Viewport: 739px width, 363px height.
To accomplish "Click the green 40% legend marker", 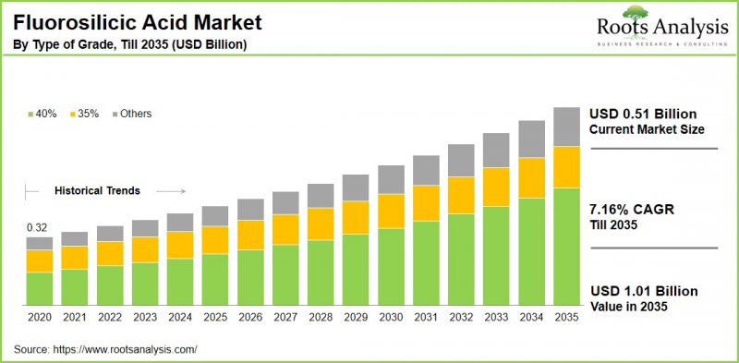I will pos(30,115).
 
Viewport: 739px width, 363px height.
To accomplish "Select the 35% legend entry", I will pos(84,114).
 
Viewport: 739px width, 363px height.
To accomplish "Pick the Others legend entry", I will pos(131,114).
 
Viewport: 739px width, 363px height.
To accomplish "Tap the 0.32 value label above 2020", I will pos(38,227).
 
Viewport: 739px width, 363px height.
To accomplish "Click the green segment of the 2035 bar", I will pos(566,247).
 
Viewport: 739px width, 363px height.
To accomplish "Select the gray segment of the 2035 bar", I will pos(566,127).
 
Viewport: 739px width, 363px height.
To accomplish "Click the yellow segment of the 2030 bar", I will pos(391,211).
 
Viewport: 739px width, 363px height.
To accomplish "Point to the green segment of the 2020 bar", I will pos(40,288).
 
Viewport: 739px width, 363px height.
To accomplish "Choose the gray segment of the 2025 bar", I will pos(215,216).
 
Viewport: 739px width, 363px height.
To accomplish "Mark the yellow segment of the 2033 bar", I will pos(496,187).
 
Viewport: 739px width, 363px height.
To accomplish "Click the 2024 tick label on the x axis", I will pos(180,317).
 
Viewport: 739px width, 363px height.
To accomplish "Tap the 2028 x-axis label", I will pos(321,317).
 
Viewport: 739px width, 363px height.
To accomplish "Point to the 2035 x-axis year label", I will pos(566,317).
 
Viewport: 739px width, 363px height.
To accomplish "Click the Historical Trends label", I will pos(97,191).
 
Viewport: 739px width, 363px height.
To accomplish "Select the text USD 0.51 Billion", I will pos(643,114).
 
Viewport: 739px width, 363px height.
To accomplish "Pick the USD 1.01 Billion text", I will pos(643,291).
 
